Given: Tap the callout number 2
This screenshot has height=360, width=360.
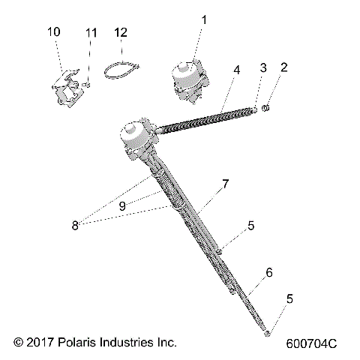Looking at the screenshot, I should point(283,67).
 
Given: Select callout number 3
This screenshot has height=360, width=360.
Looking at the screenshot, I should point(262,68).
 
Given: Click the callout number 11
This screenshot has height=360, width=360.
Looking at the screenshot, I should point(91,33).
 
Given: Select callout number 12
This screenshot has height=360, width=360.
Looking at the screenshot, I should point(121,32).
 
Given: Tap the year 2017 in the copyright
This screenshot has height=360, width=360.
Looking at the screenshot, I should point(37,343).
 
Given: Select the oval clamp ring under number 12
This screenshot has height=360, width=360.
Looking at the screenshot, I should point(121,69).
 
